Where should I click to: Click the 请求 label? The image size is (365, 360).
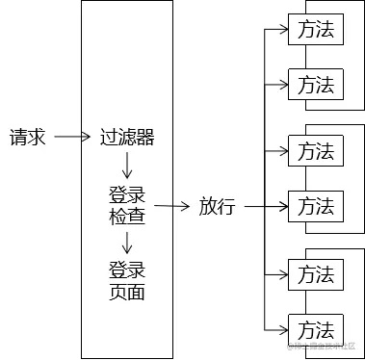[28, 138]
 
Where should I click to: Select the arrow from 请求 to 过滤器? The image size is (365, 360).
[73, 138]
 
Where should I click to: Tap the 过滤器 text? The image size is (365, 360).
[127, 138]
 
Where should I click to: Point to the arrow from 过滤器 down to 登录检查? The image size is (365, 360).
[127, 165]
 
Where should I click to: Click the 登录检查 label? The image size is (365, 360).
[127, 206]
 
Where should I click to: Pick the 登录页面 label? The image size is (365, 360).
[127, 280]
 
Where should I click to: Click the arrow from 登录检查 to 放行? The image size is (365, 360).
[171, 206]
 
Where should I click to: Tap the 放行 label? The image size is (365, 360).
[217, 206]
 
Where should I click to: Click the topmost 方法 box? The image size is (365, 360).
[315, 30]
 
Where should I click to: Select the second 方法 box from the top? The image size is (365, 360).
[315, 85]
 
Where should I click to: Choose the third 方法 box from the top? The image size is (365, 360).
[315, 151]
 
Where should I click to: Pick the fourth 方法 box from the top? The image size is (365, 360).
[315, 206]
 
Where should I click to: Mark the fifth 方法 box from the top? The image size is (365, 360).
[315, 274]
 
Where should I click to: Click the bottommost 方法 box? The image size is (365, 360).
[315, 328]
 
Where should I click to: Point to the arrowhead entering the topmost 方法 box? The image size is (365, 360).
[284, 30]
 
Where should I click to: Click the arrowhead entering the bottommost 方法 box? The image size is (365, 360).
[284, 328]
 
